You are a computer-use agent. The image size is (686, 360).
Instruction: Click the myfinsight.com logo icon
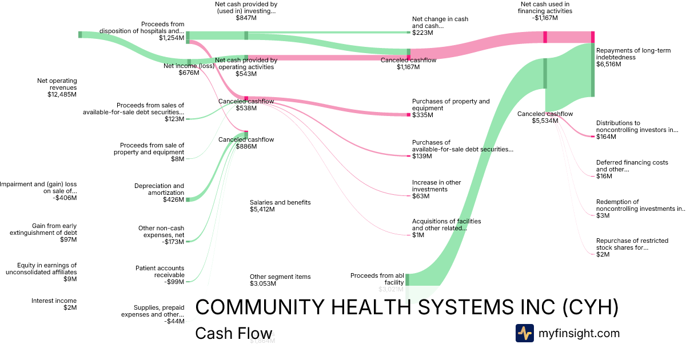coord(524,333)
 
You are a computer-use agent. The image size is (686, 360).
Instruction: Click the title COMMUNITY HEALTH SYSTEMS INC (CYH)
coord(407,307)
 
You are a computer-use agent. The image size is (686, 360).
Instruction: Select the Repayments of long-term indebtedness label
coord(633,54)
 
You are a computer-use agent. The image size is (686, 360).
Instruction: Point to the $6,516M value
coord(608,65)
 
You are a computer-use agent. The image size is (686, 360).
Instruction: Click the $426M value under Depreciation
coord(173,200)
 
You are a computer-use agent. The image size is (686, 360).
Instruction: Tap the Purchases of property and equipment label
coord(450,105)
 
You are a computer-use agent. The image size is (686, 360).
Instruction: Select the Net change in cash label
coord(440,22)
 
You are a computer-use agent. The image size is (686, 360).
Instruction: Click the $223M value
coord(422,33)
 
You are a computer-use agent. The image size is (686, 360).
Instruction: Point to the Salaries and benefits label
coord(280,202)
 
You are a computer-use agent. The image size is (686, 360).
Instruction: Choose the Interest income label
coord(54,301)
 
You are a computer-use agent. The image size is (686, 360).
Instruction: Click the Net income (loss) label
coord(189,66)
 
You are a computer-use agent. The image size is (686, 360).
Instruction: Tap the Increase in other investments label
coord(436,186)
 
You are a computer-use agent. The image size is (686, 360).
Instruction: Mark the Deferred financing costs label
coord(632,166)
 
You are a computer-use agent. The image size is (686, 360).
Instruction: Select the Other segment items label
coord(280,277)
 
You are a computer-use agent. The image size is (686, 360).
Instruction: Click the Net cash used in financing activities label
coord(545,7)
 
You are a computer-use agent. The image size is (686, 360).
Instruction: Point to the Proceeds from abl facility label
coord(377,279)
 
